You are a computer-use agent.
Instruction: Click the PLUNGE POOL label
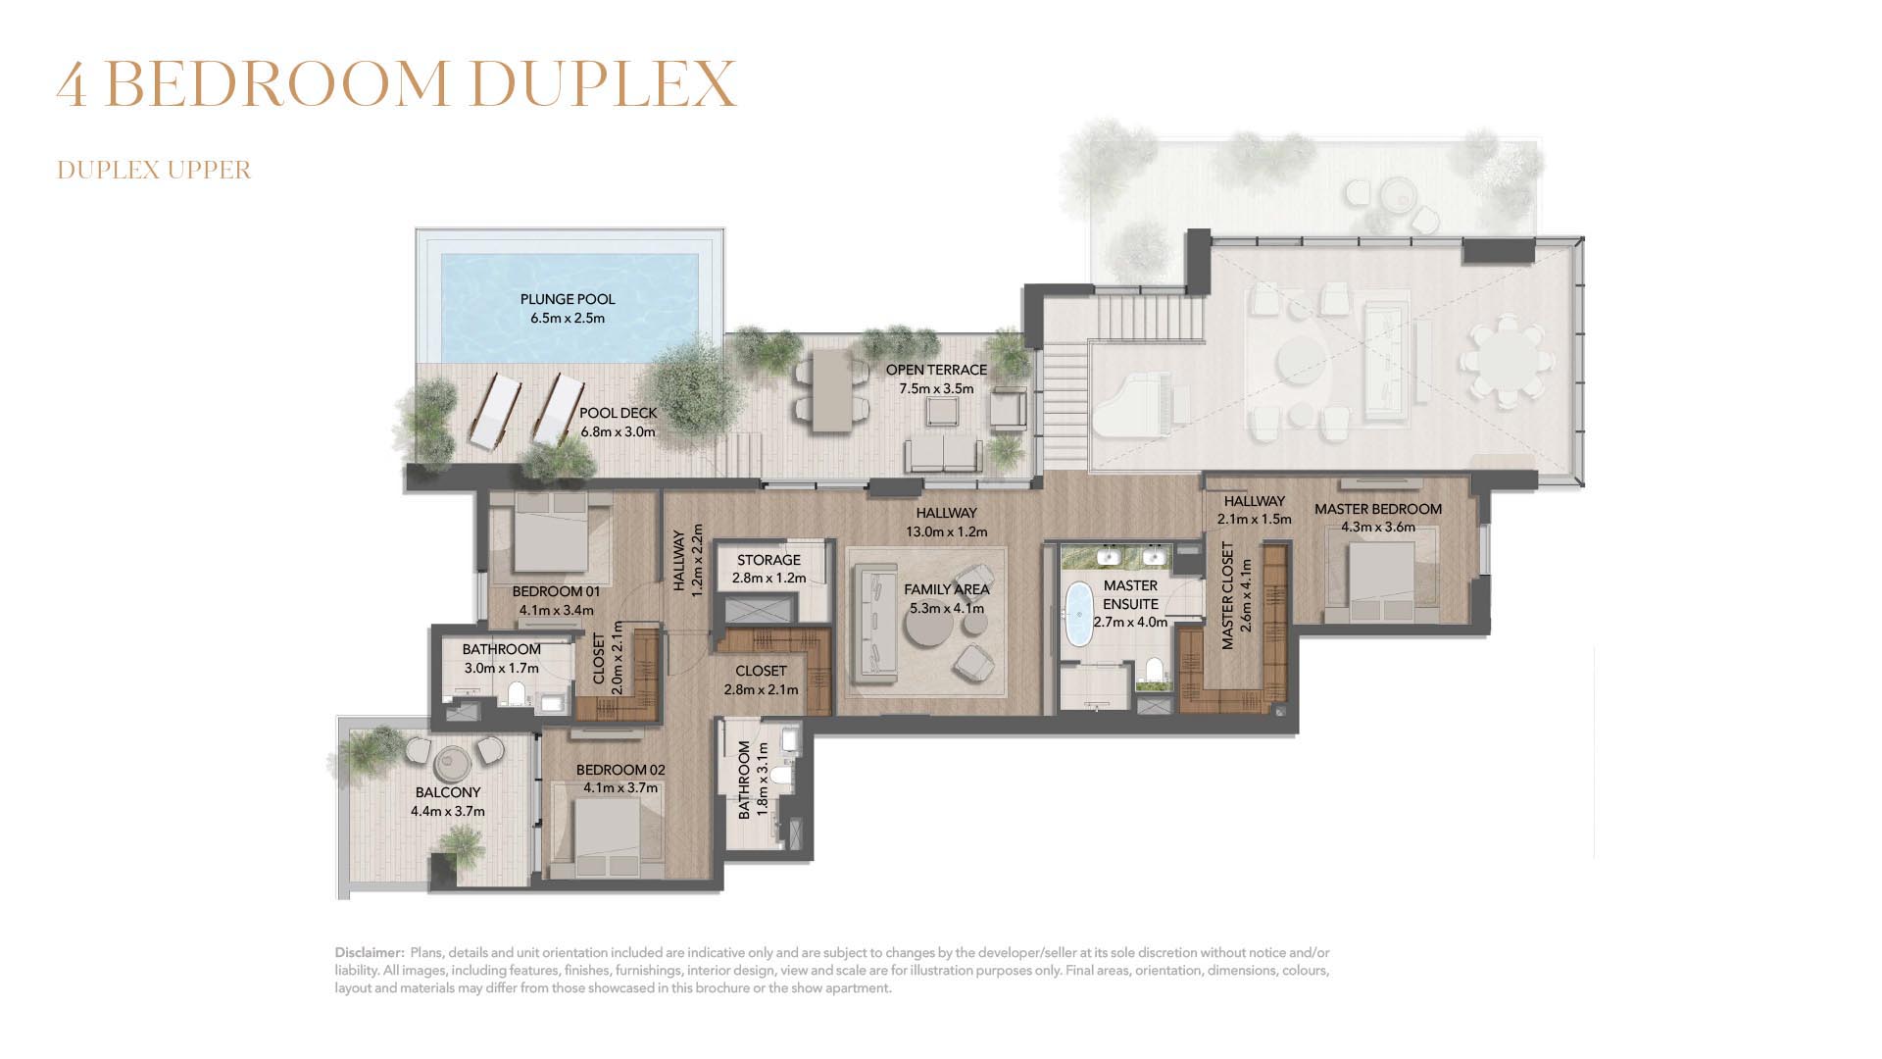tap(568, 299)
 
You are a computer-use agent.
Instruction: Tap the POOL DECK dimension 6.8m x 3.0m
tap(618, 431)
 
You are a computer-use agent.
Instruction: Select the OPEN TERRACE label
tap(936, 370)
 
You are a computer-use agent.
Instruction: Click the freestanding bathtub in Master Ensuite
tap(1079, 614)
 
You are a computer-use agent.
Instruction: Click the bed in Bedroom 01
tap(551, 533)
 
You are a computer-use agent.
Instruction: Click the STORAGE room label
tap(768, 560)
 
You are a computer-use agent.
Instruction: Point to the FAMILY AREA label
tap(946, 589)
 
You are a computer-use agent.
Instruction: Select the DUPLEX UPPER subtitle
tap(154, 170)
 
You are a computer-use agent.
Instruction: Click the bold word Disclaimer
tap(370, 952)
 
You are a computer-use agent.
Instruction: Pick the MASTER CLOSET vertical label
tap(1227, 595)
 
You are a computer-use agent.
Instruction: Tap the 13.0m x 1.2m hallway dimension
tap(946, 531)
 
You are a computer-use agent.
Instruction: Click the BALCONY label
tap(448, 792)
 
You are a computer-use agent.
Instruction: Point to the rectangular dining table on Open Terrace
tap(832, 390)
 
